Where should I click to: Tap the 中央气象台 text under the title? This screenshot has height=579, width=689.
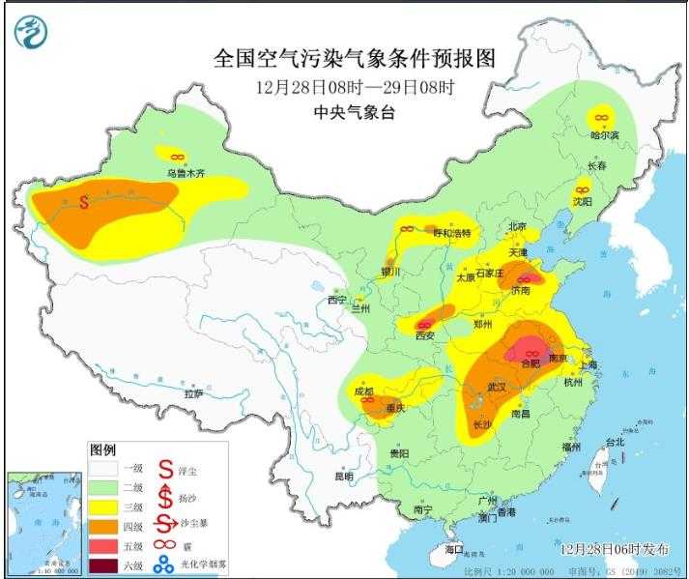(354, 112)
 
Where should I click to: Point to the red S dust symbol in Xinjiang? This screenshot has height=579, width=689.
(84, 203)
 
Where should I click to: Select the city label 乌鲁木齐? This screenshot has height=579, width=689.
(185, 174)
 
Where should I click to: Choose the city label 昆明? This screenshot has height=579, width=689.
(343, 476)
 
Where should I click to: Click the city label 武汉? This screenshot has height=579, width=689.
(498, 388)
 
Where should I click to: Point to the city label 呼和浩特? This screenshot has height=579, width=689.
(451, 233)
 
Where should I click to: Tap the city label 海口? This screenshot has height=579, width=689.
(454, 548)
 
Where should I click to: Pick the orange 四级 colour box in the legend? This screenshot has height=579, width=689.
(104, 526)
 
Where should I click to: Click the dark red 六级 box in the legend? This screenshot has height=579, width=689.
(104, 565)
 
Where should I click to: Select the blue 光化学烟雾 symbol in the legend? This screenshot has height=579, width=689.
(165, 565)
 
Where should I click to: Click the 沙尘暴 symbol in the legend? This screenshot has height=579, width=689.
(165, 526)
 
